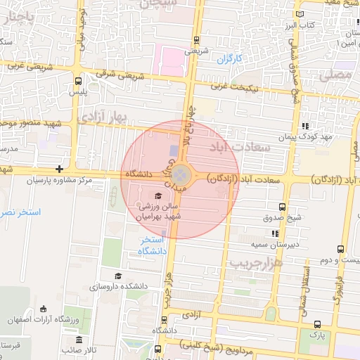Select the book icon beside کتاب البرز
[x=301, y=13]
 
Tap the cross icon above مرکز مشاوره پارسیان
[x=60, y=169]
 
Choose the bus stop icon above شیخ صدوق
[x=282, y=207]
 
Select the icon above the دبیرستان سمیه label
[x=275, y=233]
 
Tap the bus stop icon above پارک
[x=317, y=324]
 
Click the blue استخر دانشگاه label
[x=152, y=245]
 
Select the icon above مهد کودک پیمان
[x=304, y=126]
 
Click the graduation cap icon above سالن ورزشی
[x=158, y=195]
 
